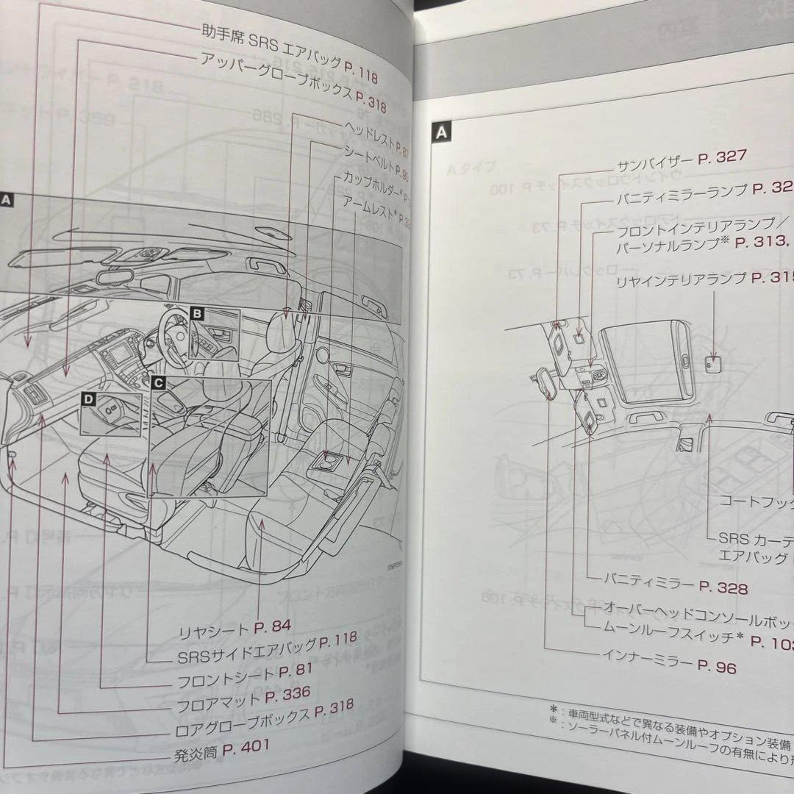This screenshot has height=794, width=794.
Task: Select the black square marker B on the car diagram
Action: tap(196, 314)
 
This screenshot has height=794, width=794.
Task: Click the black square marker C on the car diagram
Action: tap(158, 382)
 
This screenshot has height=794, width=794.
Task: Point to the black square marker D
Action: tap(88, 399)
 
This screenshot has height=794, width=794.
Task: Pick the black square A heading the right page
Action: tap(441, 132)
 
